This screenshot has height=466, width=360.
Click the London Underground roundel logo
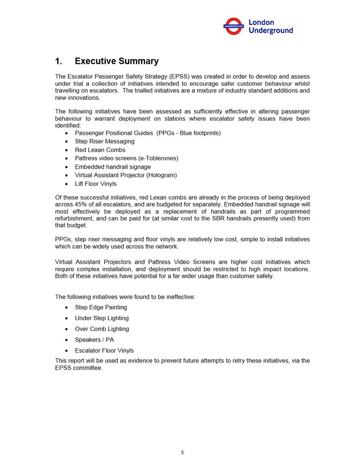click(233, 26)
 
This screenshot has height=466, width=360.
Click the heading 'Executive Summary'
click(116, 61)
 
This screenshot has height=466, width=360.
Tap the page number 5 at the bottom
click(183, 452)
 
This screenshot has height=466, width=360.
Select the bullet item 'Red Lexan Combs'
click(100, 150)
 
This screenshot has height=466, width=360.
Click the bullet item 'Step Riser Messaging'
click(104, 141)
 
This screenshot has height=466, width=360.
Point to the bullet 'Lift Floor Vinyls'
click(95, 184)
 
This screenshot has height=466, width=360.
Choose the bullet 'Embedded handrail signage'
click(113, 167)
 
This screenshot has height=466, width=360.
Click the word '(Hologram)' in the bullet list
click(161, 175)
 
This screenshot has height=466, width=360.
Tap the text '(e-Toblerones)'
click(156, 158)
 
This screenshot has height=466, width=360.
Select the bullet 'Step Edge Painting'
click(101, 308)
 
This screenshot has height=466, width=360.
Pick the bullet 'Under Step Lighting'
click(102, 318)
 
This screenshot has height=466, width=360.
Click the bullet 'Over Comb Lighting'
click(102, 329)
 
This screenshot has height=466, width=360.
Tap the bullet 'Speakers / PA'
click(94, 340)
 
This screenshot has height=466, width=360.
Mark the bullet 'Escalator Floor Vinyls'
click(104, 350)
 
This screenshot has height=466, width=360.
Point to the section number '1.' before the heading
click(59, 61)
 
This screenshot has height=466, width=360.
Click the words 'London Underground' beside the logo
click(271, 26)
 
